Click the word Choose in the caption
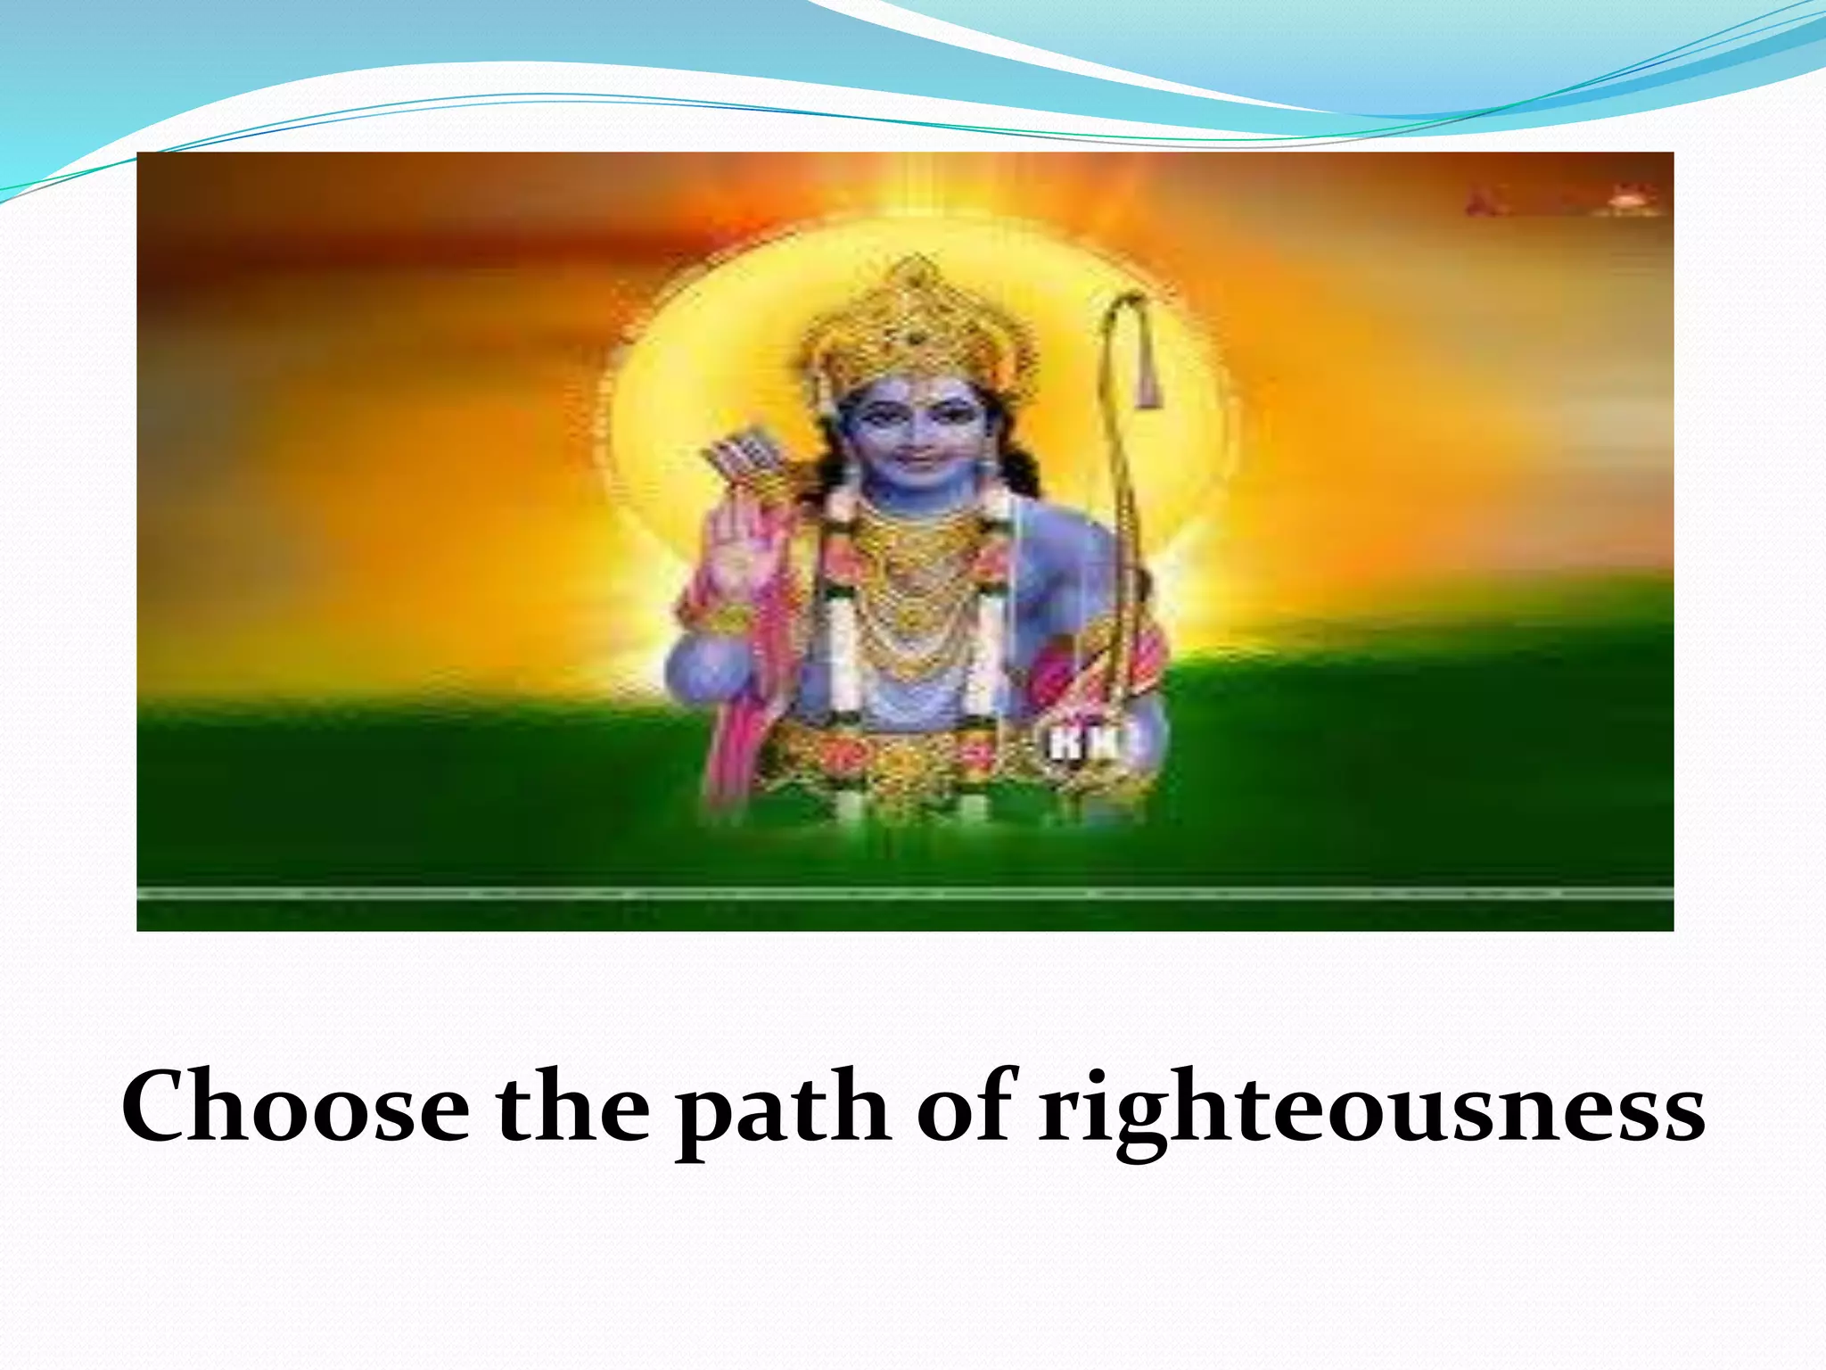click(295, 1109)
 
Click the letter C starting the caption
click(160, 1109)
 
